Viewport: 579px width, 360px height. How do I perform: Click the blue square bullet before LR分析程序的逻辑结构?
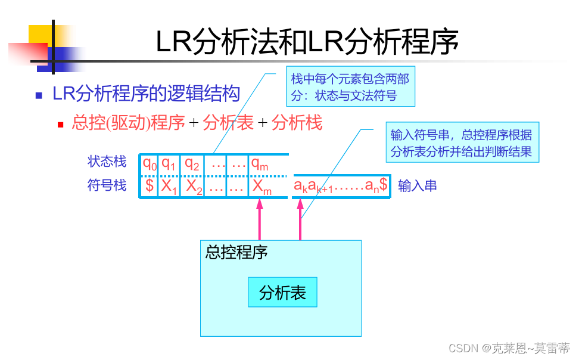tap(39, 95)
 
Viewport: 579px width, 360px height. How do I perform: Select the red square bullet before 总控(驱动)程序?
tap(60, 125)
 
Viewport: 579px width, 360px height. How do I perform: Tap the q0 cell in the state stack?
tap(150, 163)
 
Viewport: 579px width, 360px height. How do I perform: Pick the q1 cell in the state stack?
tap(169, 163)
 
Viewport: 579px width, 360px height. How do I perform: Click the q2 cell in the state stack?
tap(191, 163)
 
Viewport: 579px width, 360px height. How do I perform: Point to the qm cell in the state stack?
tap(260, 163)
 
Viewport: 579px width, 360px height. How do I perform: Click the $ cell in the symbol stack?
tap(150, 186)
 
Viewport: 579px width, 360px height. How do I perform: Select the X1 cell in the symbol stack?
tap(169, 187)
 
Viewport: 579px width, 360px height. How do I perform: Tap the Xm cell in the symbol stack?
tap(262, 187)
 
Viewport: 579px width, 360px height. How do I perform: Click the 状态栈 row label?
tap(107, 162)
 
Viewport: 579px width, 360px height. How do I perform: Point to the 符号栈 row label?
tap(107, 185)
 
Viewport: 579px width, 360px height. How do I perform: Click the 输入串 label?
tap(418, 186)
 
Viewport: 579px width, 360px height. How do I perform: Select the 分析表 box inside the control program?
tap(282, 293)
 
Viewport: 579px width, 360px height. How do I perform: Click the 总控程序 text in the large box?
tap(236, 252)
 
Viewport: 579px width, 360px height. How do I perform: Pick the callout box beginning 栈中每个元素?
tap(350, 86)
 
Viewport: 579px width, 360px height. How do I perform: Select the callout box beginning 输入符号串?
tap(462, 143)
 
